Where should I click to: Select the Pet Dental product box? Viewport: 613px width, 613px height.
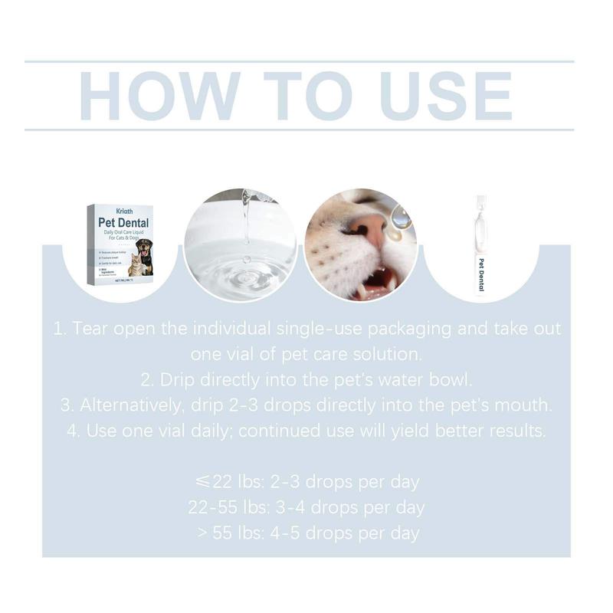point(120,244)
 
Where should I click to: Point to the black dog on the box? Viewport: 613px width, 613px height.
point(144,253)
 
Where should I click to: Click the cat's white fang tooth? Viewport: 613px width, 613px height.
point(360,290)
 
